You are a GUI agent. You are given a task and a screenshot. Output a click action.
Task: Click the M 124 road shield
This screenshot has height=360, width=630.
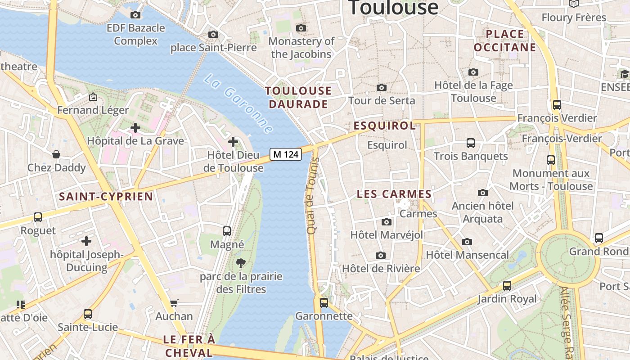point(286,154)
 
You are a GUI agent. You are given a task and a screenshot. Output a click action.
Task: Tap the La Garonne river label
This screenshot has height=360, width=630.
point(238,103)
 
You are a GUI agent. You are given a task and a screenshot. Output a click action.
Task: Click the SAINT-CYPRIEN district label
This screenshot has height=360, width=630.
point(106,197)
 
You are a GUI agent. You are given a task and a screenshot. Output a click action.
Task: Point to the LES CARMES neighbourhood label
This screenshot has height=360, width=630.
point(394,194)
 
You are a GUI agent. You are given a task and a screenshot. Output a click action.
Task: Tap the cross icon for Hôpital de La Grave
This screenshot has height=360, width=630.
point(135,128)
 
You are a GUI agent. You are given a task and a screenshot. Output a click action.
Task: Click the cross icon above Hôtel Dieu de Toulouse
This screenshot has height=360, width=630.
point(233,142)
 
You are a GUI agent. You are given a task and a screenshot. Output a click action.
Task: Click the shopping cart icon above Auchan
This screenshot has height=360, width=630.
point(174,303)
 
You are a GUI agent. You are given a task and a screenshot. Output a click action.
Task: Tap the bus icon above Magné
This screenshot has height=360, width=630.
point(227,231)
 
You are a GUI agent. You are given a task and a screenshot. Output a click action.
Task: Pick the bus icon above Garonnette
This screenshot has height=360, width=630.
point(324,303)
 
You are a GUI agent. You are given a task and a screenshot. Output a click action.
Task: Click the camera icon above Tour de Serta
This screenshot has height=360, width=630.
point(382,87)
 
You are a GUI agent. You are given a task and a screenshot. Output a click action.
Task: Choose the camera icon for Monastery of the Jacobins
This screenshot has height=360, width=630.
point(301,28)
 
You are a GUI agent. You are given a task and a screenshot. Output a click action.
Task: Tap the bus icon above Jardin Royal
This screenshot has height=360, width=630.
point(507,285)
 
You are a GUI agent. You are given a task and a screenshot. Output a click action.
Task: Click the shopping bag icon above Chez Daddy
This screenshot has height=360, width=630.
point(56,154)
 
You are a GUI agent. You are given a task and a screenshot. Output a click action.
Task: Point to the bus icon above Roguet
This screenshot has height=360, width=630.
point(38,217)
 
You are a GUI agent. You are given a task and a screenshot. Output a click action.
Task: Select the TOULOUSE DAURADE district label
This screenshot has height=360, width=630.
point(298,98)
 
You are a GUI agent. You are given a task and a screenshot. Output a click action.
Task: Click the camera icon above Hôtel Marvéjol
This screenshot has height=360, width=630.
point(387,222)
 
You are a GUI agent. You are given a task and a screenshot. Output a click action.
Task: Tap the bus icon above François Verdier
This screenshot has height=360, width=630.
point(557,105)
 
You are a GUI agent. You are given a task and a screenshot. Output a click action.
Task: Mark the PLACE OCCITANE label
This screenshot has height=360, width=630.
point(505,40)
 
